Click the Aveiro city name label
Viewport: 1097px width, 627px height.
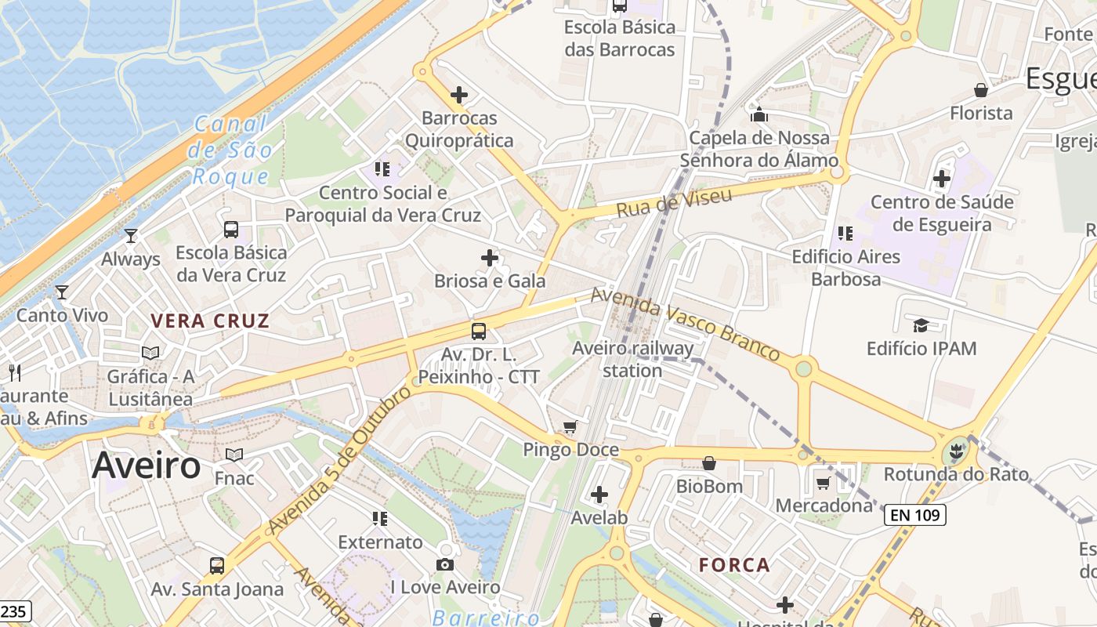(x=147, y=466)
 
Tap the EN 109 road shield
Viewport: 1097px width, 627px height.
(x=915, y=515)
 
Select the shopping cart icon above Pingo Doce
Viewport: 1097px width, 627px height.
(x=570, y=427)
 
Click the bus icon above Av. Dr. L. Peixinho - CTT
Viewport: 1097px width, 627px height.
(x=479, y=332)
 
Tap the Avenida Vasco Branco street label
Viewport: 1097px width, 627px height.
(x=685, y=323)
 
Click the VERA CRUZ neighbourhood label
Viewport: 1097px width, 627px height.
(x=210, y=321)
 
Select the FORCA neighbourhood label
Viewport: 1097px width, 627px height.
(x=734, y=565)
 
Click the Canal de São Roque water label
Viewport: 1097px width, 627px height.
(x=232, y=150)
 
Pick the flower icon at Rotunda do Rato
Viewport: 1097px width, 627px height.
(x=955, y=451)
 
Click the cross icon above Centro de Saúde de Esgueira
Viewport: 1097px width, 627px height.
(x=942, y=179)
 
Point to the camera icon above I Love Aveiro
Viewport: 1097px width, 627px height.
(x=445, y=564)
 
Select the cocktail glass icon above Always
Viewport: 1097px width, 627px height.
(x=131, y=235)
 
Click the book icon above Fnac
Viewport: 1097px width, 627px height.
(x=234, y=455)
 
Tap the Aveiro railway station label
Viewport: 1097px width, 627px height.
(x=632, y=359)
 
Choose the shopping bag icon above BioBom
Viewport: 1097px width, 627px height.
(x=709, y=463)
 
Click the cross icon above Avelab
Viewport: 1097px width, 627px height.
(x=599, y=495)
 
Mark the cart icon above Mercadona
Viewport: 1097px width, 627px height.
(x=824, y=483)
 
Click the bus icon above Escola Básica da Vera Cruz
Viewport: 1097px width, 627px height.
(x=231, y=229)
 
